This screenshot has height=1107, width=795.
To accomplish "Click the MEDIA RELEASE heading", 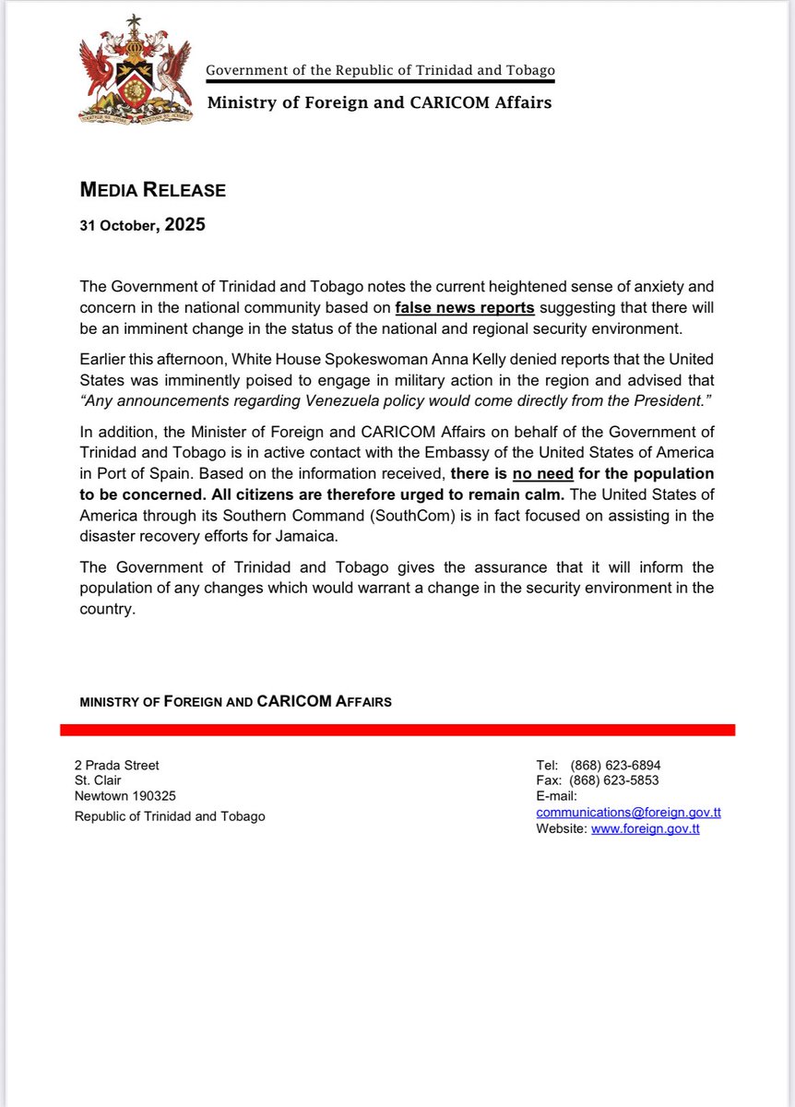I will (152, 191).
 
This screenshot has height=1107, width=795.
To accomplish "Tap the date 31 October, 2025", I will (142, 225).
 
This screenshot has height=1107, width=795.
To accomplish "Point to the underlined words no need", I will (543, 471).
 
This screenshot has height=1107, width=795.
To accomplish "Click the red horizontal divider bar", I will (397, 730).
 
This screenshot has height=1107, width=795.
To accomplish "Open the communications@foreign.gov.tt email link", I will (628, 813).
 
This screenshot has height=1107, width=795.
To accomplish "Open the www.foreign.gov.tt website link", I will (645, 828).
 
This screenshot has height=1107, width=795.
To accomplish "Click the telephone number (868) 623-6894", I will (615, 766).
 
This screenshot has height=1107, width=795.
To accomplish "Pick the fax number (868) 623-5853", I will (614, 780).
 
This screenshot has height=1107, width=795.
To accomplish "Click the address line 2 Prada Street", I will (116, 766).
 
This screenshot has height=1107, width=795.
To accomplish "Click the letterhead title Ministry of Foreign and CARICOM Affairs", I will (379, 102).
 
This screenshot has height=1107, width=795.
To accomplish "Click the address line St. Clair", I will (98, 780).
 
